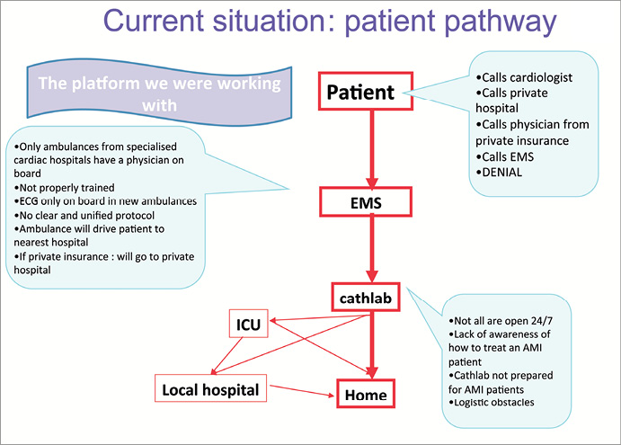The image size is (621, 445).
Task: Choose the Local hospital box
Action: point(209,390)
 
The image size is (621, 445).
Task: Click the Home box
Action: point(366,393)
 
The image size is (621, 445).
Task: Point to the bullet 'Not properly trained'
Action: point(63,187)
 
